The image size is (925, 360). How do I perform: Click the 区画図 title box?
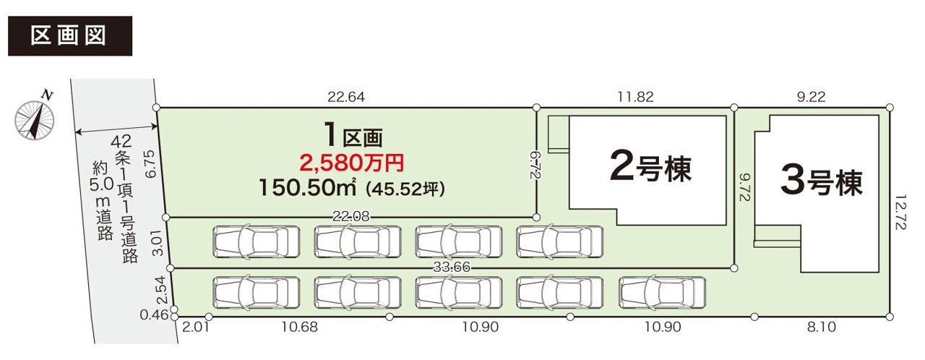click(x=70, y=36)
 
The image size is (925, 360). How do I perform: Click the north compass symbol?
click(x=35, y=118)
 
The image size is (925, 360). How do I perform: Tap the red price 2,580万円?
click(x=352, y=163)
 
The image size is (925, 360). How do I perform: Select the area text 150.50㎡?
click(x=307, y=188)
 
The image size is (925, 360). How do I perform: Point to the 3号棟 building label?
click(x=822, y=181)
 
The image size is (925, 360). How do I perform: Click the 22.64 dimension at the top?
click(x=346, y=97)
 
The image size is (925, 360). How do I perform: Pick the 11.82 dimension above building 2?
click(x=635, y=97)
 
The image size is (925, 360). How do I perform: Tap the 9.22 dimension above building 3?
click(x=811, y=97)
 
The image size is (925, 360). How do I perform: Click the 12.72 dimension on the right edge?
click(x=900, y=213)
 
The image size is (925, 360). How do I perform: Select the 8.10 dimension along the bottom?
click(x=822, y=327)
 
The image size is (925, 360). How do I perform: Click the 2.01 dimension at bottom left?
click(x=196, y=327)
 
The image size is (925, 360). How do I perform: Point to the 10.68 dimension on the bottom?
click(x=300, y=327)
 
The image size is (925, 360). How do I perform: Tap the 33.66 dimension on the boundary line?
click(x=452, y=267)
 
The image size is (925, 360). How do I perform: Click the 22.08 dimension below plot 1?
click(x=351, y=216)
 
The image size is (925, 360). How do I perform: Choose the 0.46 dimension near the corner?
click(x=154, y=315)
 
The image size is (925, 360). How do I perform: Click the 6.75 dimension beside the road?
click(x=151, y=164)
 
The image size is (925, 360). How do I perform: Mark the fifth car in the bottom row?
click(x=662, y=293)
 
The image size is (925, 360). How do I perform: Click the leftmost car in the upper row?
click(x=257, y=241)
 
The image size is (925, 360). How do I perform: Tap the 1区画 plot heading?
click(x=353, y=135)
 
